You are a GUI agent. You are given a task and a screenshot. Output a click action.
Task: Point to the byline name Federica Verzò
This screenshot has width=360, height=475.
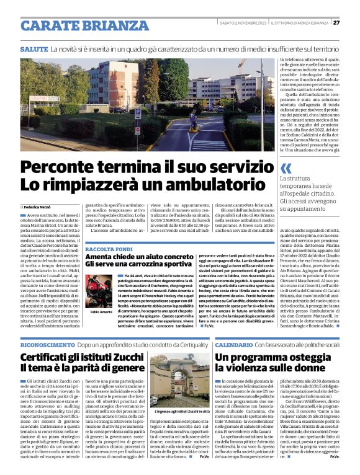39,206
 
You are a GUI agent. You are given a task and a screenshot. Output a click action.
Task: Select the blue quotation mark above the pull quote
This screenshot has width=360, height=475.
286,168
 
